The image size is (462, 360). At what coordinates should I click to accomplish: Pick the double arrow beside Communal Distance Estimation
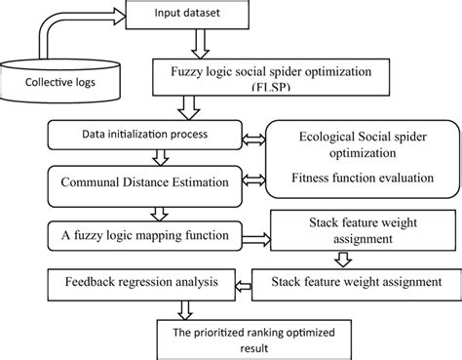tap(251, 179)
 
